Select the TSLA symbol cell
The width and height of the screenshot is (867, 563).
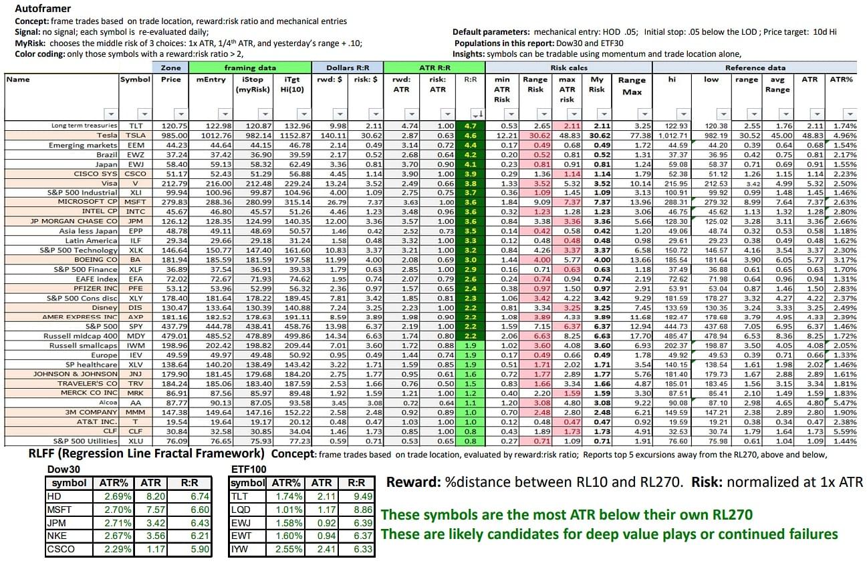point(135,135)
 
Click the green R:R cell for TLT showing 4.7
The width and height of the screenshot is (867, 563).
point(469,126)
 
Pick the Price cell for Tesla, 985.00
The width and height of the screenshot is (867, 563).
point(170,135)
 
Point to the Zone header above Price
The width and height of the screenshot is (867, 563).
point(170,67)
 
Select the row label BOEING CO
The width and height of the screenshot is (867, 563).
point(96,259)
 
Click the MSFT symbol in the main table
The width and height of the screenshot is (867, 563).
point(135,202)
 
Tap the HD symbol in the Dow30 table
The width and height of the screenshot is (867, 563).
point(54,496)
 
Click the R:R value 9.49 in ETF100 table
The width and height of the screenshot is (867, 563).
point(358,496)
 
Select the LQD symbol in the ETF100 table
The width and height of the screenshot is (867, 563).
point(239,510)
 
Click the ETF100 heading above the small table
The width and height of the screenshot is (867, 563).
point(247,470)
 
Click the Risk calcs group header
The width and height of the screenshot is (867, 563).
point(568,67)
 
